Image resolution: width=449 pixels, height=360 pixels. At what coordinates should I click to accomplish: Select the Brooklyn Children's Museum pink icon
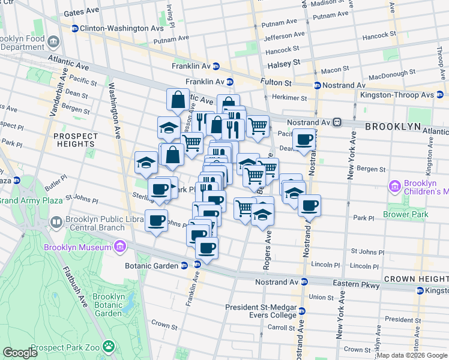pyautogui.click(x=394, y=187)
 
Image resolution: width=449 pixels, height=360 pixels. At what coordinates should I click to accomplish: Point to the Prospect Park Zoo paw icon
pyautogui.click(x=109, y=346)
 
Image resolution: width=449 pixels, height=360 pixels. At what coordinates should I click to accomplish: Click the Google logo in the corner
pyautogui.click(x=20, y=353)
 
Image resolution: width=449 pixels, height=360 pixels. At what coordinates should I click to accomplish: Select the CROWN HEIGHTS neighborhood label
pyautogui.click(x=416, y=279)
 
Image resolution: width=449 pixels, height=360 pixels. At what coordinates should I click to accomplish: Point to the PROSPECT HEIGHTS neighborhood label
pyautogui.click(x=75, y=140)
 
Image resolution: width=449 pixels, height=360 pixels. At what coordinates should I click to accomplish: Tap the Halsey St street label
pyautogui.click(x=285, y=63)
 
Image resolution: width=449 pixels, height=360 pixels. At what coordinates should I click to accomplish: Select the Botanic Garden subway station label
pyautogui.click(x=151, y=266)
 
